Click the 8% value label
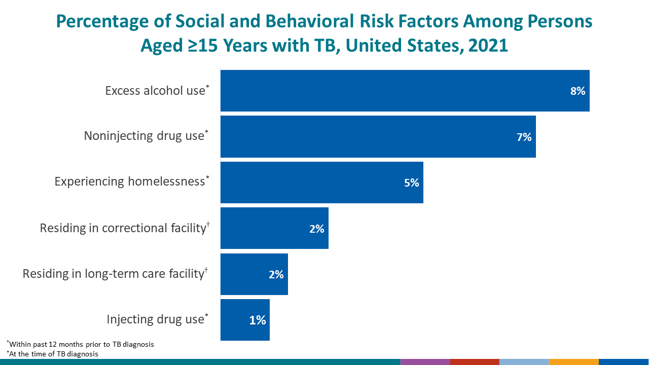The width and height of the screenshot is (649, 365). pyautogui.click(x=578, y=91)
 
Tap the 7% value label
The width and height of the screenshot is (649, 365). pyautogui.click(x=524, y=137)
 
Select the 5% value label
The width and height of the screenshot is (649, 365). pyautogui.click(x=411, y=183)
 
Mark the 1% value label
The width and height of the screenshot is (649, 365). pyautogui.click(x=258, y=320)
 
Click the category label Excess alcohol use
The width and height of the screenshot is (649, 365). pyautogui.click(x=155, y=91)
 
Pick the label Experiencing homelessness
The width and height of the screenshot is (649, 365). pyautogui.click(x=130, y=181)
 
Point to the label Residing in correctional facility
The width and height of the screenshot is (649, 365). pyautogui.click(x=122, y=228)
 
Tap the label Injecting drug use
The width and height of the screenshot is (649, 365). pyautogui.click(x=155, y=319)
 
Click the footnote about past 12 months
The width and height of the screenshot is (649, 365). pyautogui.click(x=82, y=344)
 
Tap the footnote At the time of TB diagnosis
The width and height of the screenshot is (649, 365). pyautogui.click(x=54, y=354)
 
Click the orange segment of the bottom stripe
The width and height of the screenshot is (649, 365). pyautogui.click(x=573, y=362)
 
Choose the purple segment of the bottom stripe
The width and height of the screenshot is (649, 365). pyautogui.click(x=424, y=362)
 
